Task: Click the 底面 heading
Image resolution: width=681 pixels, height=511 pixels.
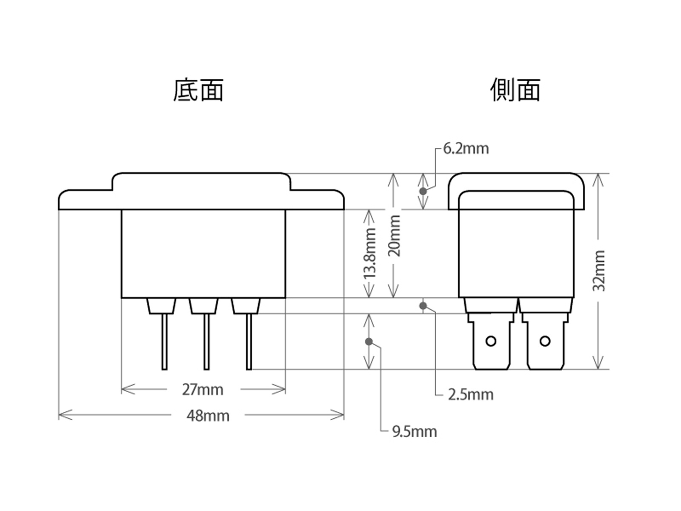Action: (x=198, y=90)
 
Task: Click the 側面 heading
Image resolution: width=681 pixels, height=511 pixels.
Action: (x=515, y=90)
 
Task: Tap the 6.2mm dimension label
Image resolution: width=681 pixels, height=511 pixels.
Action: (x=466, y=149)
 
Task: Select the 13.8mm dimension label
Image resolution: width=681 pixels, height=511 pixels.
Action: (x=370, y=253)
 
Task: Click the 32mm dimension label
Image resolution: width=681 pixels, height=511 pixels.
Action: (x=599, y=271)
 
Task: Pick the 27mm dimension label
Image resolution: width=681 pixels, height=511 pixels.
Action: (x=203, y=390)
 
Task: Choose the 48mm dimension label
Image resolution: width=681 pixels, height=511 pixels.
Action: (x=208, y=416)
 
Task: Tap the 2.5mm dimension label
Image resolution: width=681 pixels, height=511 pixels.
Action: (x=470, y=395)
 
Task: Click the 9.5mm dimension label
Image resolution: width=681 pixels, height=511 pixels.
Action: (x=414, y=432)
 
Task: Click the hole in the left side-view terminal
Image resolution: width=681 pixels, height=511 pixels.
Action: (x=491, y=341)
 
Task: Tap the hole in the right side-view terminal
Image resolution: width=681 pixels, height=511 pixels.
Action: (x=545, y=341)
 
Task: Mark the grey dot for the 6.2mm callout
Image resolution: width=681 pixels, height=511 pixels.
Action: (x=423, y=191)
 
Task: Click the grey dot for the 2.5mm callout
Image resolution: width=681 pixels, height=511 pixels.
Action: (x=423, y=306)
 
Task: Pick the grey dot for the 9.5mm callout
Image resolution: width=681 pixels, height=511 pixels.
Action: (x=369, y=341)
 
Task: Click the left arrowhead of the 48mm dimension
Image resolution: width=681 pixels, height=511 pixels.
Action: (x=60, y=414)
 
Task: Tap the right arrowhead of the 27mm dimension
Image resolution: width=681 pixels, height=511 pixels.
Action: (x=283, y=389)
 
